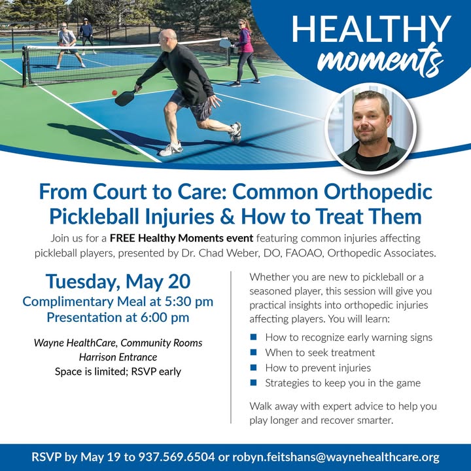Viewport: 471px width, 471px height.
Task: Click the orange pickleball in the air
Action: click(114, 93)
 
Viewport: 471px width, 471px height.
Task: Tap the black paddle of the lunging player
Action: click(126, 98)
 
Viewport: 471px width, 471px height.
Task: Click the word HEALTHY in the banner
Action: click(372, 29)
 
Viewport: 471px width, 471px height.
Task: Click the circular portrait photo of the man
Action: click(372, 129)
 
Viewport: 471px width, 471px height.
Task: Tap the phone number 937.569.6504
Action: click(177, 457)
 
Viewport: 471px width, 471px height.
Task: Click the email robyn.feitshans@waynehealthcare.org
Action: click(336, 457)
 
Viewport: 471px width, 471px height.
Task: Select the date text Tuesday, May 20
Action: click(118, 281)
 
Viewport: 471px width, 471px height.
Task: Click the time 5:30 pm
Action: click(189, 302)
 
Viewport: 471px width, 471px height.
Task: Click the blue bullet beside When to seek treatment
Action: click(254, 352)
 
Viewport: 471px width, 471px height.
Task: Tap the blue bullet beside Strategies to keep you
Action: click(254, 383)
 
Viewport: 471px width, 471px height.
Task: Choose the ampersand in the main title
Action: click(228, 217)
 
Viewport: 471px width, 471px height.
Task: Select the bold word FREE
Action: click(122, 238)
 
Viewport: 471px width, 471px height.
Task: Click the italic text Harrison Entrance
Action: click(118, 357)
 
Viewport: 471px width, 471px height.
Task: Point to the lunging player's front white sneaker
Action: click(170, 149)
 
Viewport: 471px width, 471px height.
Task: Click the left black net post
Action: click(24, 67)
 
